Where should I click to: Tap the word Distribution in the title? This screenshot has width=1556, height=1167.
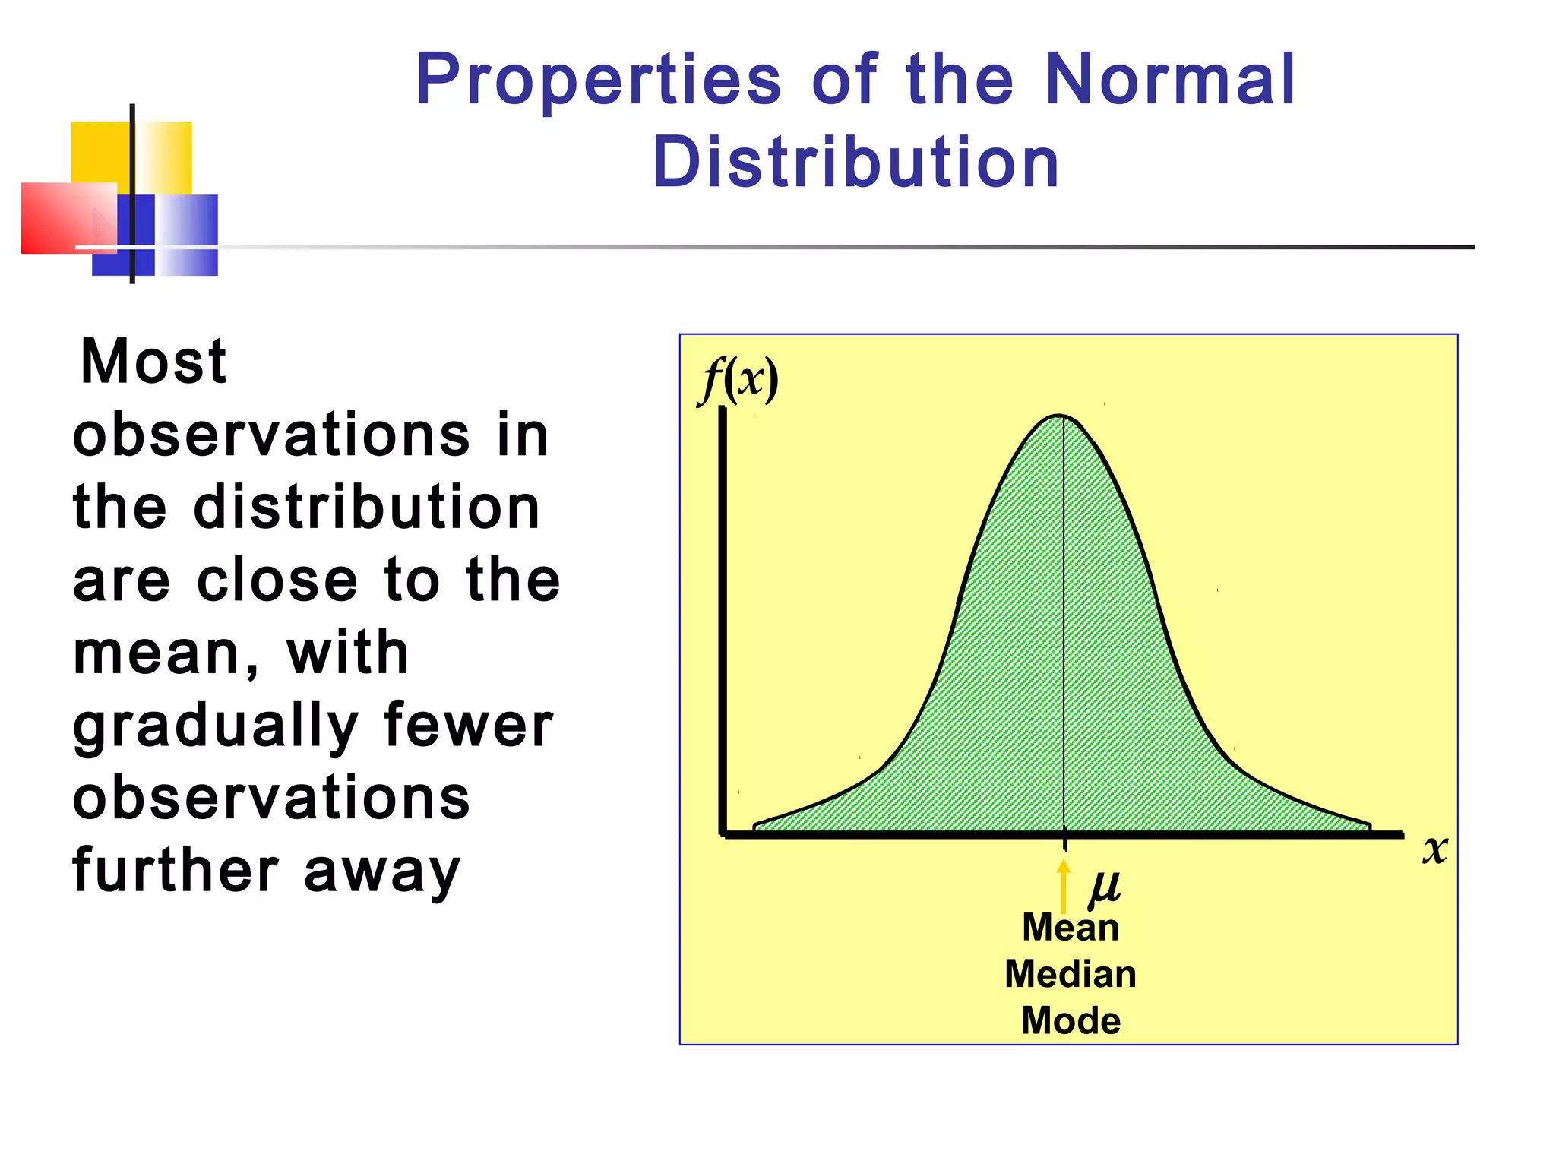855,162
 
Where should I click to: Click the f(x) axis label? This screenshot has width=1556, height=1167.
738,379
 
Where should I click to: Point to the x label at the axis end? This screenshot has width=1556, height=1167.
1434,849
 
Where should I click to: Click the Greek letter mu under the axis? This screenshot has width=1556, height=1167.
1104,886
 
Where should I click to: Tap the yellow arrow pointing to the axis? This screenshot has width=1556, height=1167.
1064,886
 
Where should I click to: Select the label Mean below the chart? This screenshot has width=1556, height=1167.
1071,928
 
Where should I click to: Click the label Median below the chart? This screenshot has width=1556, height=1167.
1071,974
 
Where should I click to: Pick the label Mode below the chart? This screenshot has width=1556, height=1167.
1071,1020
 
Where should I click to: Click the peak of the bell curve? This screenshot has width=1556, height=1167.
1060,416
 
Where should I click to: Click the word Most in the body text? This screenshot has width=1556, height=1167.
153,362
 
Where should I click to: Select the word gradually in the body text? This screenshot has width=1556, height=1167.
215,726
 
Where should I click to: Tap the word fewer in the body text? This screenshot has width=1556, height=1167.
468,725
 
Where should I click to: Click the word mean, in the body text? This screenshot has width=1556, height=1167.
166,653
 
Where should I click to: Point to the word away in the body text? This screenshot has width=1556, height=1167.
382,871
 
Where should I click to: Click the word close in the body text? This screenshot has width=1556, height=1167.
277,580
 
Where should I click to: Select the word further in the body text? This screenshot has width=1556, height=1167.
176,871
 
